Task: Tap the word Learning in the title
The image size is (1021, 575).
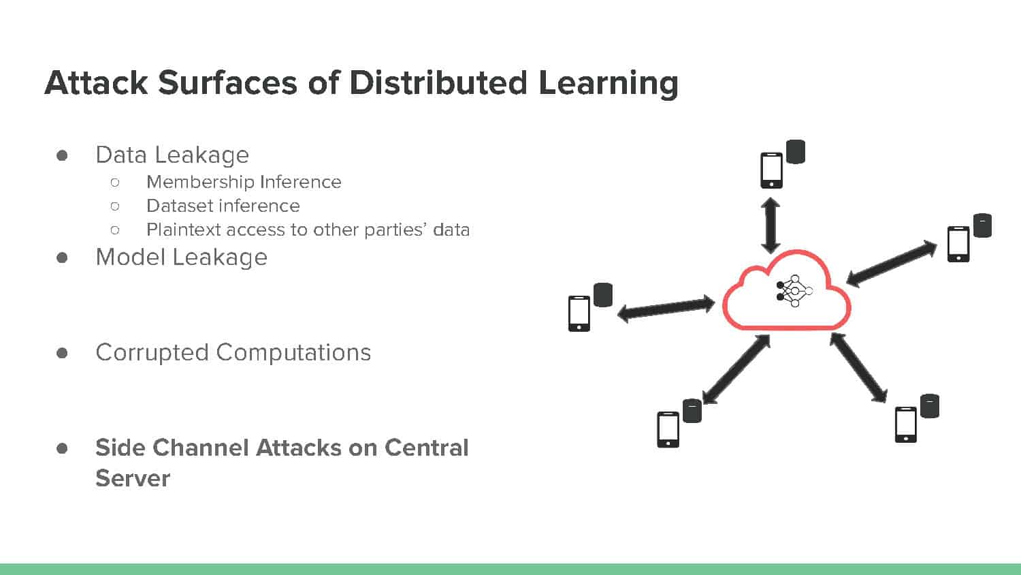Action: (609, 84)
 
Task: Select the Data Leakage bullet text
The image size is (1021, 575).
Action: (172, 155)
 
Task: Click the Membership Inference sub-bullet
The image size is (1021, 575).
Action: (244, 182)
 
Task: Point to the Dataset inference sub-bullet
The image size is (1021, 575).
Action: (223, 206)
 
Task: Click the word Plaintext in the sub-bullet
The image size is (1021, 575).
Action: (184, 230)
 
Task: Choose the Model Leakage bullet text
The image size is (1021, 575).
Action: (182, 257)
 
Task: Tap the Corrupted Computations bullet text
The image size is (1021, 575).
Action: (233, 353)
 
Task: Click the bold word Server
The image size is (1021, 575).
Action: (133, 478)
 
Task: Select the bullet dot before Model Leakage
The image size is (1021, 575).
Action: (62, 258)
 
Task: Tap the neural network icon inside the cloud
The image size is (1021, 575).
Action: (794, 291)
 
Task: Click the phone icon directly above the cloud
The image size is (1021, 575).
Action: (771, 170)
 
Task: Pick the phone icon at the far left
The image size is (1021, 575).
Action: (579, 313)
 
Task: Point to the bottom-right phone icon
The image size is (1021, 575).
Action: (906, 424)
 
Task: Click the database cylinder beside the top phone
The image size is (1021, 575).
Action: (796, 152)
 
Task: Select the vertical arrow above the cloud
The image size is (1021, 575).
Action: (771, 226)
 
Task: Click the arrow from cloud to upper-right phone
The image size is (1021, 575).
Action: (892, 264)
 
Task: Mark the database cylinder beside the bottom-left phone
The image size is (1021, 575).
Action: (692, 411)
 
